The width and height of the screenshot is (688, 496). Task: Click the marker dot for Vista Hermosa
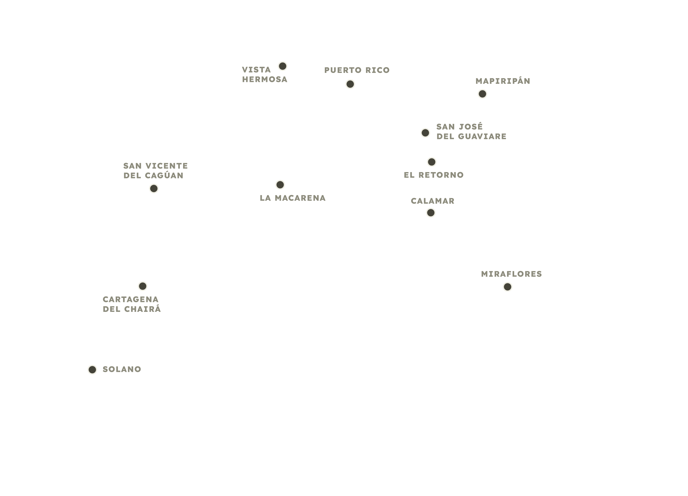(282, 66)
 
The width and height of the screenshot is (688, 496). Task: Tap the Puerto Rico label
(357, 70)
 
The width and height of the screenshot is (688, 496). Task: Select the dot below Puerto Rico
(350, 84)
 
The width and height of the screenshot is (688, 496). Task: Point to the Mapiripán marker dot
(482, 94)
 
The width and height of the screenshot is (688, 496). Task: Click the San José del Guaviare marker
(425, 133)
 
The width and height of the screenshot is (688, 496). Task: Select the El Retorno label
(433, 175)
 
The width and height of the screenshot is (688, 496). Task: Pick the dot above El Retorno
(432, 162)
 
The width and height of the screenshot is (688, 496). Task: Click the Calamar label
(433, 201)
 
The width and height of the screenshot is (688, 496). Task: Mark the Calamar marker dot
(431, 213)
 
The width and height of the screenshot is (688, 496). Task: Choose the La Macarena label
(293, 198)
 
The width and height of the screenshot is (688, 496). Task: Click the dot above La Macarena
(280, 185)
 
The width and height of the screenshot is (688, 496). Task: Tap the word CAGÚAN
(164, 175)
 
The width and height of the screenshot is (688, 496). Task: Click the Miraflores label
(511, 274)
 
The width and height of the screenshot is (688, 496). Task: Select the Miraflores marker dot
(508, 287)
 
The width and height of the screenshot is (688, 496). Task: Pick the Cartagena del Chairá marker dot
(143, 286)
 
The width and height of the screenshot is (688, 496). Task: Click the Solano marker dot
(92, 369)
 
